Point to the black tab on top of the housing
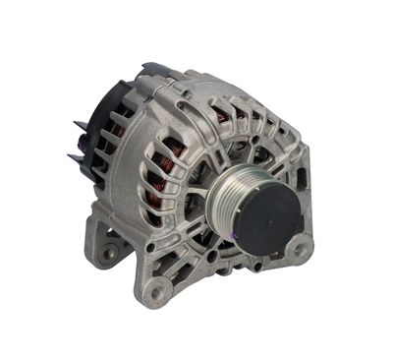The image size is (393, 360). [x=154, y=71]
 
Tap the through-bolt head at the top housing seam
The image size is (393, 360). [x=183, y=93]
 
